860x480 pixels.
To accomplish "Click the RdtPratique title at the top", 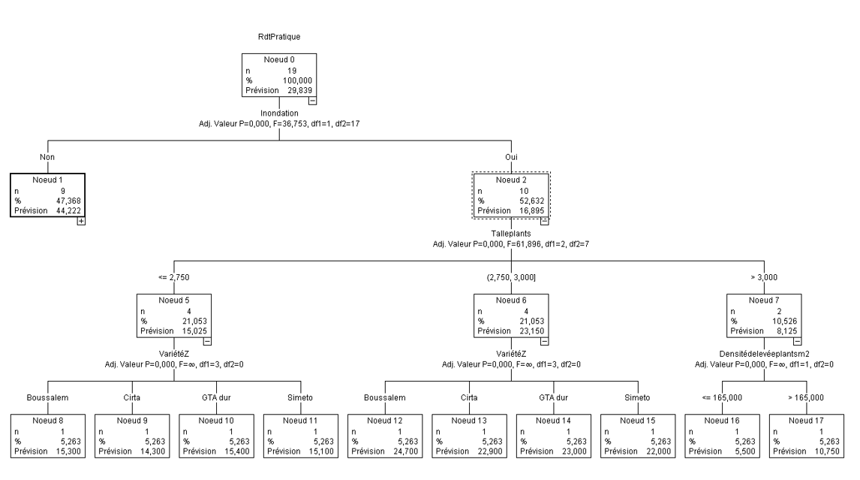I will coord(278,35).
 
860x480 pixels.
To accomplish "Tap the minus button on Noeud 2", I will coord(543,222).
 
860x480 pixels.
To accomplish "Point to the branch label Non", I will coord(47,157).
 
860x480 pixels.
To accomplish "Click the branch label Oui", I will coord(510,157).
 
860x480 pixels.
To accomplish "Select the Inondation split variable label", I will coord(279,113).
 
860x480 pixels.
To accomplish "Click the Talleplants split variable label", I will coord(511,234).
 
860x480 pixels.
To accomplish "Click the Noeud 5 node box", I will coord(173,315).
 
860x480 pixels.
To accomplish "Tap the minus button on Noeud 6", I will coord(543,342).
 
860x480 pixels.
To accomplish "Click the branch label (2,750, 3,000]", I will coord(510,278).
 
